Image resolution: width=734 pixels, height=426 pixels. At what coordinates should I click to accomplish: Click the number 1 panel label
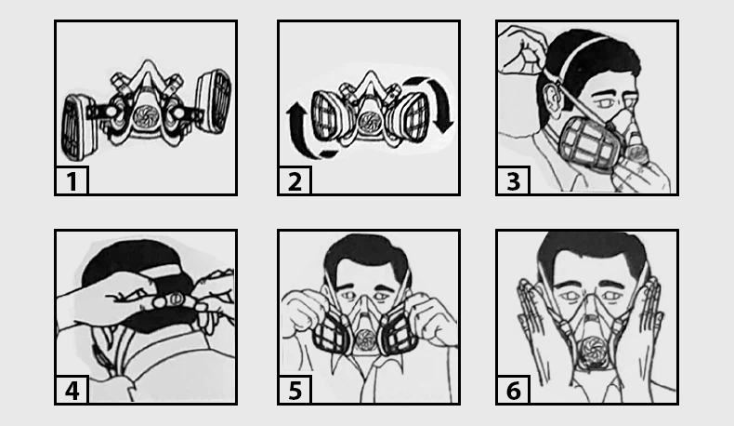click(x=72, y=181)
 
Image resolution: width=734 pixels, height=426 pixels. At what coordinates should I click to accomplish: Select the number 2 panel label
click(x=295, y=181)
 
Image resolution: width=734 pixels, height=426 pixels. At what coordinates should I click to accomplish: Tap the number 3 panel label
click(x=514, y=181)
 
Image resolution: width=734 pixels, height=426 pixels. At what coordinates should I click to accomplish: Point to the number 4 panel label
click(x=72, y=391)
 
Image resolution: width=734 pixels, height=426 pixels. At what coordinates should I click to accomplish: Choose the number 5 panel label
click(x=295, y=391)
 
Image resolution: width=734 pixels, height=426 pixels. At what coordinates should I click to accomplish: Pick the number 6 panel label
click(x=514, y=391)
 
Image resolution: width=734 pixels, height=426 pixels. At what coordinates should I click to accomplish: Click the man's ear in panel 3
click(x=551, y=100)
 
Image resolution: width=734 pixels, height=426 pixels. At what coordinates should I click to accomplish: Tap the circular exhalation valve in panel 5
click(x=365, y=339)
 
